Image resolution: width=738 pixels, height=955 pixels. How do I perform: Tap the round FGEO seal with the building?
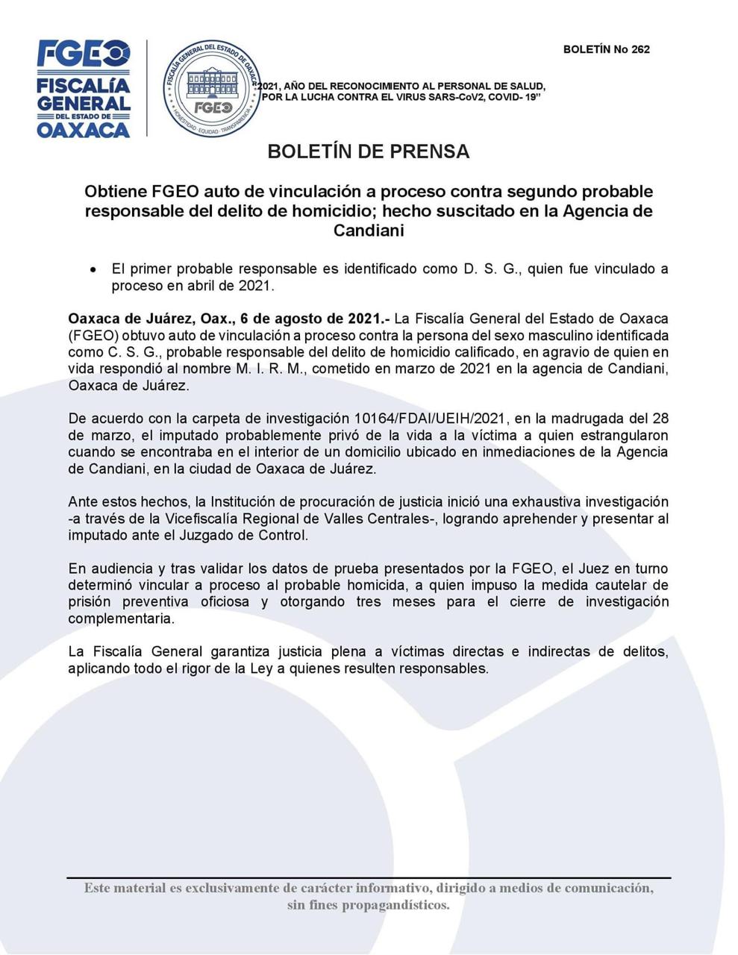click(x=212, y=90)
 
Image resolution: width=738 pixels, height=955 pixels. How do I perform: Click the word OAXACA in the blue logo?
click(x=84, y=130)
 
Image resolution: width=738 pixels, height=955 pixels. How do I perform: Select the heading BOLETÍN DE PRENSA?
click(x=369, y=151)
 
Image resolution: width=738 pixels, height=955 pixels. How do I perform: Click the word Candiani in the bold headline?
click(x=369, y=231)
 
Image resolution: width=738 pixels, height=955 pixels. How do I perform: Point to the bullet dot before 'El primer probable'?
click(x=93, y=269)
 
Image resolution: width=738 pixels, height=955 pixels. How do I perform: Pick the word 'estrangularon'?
click(x=623, y=435)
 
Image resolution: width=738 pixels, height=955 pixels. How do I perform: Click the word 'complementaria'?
click(x=121, y=619)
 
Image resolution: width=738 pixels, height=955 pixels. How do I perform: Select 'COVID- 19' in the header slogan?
click(x=514, y=97)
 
